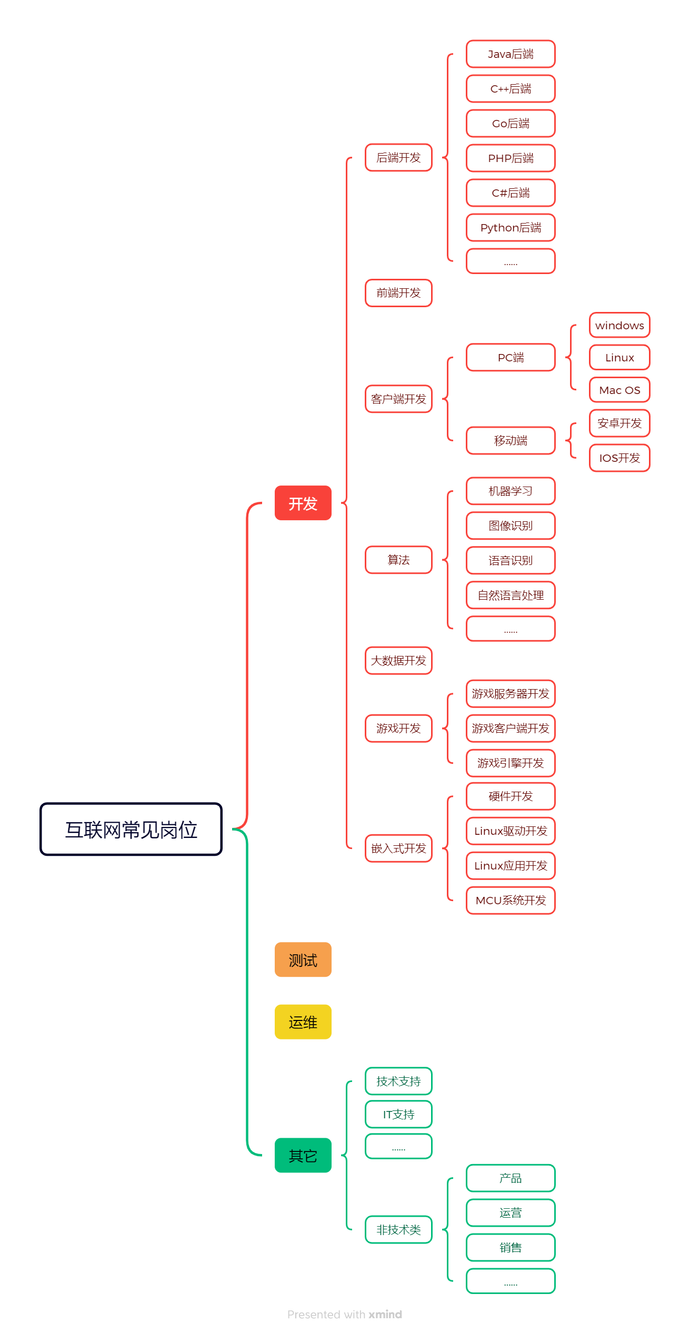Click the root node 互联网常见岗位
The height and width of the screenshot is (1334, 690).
coord(131,830)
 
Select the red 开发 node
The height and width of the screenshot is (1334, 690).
coord(303,503)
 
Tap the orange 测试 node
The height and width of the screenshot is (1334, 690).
coord(303,960)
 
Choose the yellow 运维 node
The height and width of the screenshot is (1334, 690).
coord(303,1022)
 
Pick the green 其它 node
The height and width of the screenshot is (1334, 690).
coord(303,1156)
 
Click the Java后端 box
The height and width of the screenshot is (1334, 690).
coord(511,54)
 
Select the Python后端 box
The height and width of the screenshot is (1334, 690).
coord(511,228)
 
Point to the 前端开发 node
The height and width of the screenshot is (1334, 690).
coord(398,293)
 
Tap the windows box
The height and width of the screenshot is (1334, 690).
coord(619,326)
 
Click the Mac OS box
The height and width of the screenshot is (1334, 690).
coord(619,390)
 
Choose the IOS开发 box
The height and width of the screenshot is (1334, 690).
coord(619,458)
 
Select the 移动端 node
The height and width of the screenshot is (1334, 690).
coord(511,440)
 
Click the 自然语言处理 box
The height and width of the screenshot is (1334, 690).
coord(511,595)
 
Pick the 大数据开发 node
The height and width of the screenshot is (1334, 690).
coord(398,661)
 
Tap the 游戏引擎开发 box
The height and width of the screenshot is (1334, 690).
coord(511,763)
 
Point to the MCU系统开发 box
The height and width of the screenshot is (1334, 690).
coord(511,901)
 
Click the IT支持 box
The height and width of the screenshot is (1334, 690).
coord(398,1115)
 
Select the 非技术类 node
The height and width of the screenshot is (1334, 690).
coord(398,1230)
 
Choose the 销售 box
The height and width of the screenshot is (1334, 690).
coord(511,1248)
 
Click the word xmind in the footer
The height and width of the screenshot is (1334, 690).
coord(385,1315)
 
